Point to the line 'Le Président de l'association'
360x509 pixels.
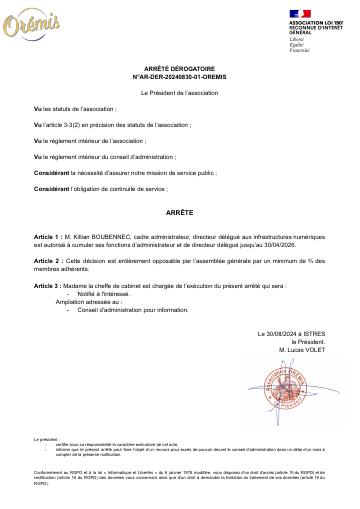tap(180, 91)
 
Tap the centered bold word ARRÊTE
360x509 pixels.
tap(180, 213)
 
